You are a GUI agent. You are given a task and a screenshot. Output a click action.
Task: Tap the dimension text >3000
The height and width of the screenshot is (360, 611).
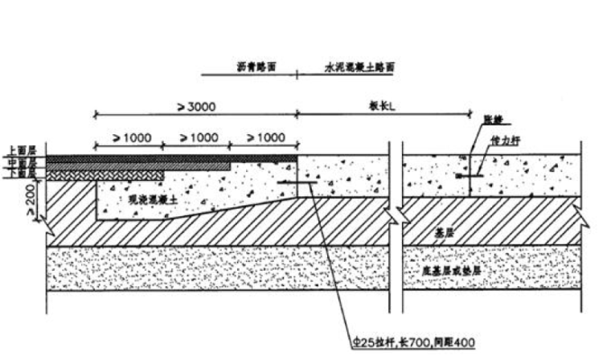click(x=195, y=106)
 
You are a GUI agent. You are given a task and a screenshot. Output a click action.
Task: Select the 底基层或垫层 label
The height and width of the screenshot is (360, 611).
click(x=452, y=272)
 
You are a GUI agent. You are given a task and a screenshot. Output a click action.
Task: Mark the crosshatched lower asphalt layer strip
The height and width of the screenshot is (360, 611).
click(x=105, y=173)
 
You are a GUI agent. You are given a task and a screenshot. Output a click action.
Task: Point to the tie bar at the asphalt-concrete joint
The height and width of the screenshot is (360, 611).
click(x=297, y=183)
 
